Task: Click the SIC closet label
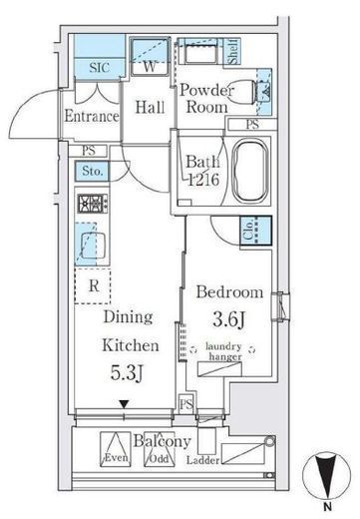(100, 68)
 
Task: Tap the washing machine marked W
(150, 56)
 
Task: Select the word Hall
(150, 107)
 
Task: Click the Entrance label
(92, 116)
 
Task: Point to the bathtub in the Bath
(250, 171)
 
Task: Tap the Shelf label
(232, 51)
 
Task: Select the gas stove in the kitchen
(93, 203)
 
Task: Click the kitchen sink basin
(93, 246)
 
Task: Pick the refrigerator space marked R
(93, 286)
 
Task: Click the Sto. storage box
(92, 171)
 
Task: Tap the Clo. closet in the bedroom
(255, 231)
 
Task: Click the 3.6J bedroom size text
(229, 319)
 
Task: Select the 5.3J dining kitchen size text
(127, 372)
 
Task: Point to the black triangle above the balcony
(124, 404)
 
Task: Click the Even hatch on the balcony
(116, 449)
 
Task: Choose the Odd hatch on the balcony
(160, 449)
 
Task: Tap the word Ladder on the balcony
(202, 460)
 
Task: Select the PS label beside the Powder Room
(252, 124)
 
